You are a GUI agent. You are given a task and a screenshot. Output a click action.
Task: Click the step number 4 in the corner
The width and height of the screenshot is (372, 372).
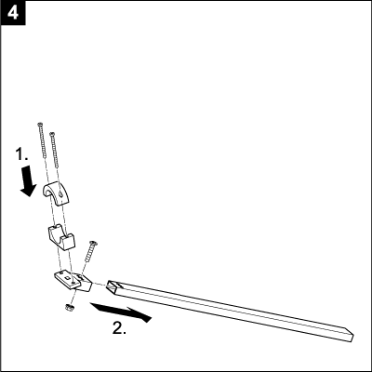(x=13, y=13)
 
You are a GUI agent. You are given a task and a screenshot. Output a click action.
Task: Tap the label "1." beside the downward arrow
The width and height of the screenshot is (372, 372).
(x=21, y=154)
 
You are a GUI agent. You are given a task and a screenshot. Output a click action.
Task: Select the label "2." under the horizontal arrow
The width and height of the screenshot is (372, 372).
(x=119, y=327)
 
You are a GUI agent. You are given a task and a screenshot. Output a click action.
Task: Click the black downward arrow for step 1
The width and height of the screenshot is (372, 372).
(x=29, y=180)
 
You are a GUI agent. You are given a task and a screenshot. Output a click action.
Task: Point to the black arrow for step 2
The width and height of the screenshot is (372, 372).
(x=120, y=312)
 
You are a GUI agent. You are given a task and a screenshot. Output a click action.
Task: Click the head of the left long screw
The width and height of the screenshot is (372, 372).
(x=40, y=125)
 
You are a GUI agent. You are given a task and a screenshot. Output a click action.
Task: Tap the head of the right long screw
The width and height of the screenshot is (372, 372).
(x=52, y=134)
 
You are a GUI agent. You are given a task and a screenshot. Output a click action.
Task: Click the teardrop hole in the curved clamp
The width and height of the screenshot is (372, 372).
(x=61, y=193)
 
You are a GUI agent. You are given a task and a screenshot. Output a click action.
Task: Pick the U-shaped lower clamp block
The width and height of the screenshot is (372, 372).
(x=61, y=237)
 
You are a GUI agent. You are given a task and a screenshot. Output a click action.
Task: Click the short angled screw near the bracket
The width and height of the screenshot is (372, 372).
(x=89, y=251)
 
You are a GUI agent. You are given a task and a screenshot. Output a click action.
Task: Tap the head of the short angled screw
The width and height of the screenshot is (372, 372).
(x=94, y=243)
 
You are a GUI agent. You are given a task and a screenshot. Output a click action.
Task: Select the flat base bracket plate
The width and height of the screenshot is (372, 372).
(x=70, y=278)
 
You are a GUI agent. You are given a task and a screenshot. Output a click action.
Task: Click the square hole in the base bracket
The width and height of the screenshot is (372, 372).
(x=67, y=277)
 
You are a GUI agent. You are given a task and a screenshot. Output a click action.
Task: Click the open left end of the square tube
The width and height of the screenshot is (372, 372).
(x=113, y=286)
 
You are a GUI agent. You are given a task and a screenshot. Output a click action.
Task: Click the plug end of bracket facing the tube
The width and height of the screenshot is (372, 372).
(x=85, y=284)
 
